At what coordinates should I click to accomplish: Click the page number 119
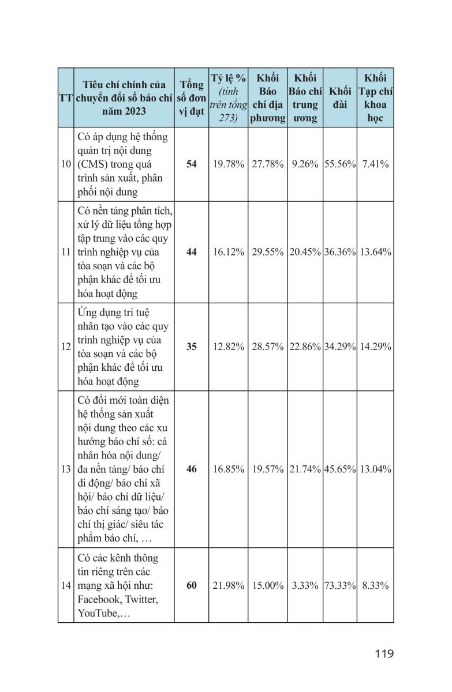coord(383,653)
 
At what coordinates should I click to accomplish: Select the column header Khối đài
coord(340,98)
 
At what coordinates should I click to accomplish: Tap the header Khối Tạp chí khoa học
coord(375,98)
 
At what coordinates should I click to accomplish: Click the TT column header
coord(65,98)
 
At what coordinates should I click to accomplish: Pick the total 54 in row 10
coord(191,164)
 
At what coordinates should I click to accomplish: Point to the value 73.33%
coord(340,585)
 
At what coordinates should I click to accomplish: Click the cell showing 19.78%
coord(229,164)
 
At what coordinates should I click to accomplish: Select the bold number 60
coord(191,585)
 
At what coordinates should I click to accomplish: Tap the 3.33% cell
coord(305,585)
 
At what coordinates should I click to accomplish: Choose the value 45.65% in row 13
coord(340,469)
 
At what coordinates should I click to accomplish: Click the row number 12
coord(65,347)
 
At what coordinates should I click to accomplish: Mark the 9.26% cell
coord(305,164)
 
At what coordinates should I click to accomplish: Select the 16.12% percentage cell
coord(229,252)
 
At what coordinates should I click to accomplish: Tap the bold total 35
coord(191,347)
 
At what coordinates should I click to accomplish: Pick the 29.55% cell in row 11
coord(267,252)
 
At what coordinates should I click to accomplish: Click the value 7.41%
coord(375,164)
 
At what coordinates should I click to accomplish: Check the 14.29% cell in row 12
coord(375,347)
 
